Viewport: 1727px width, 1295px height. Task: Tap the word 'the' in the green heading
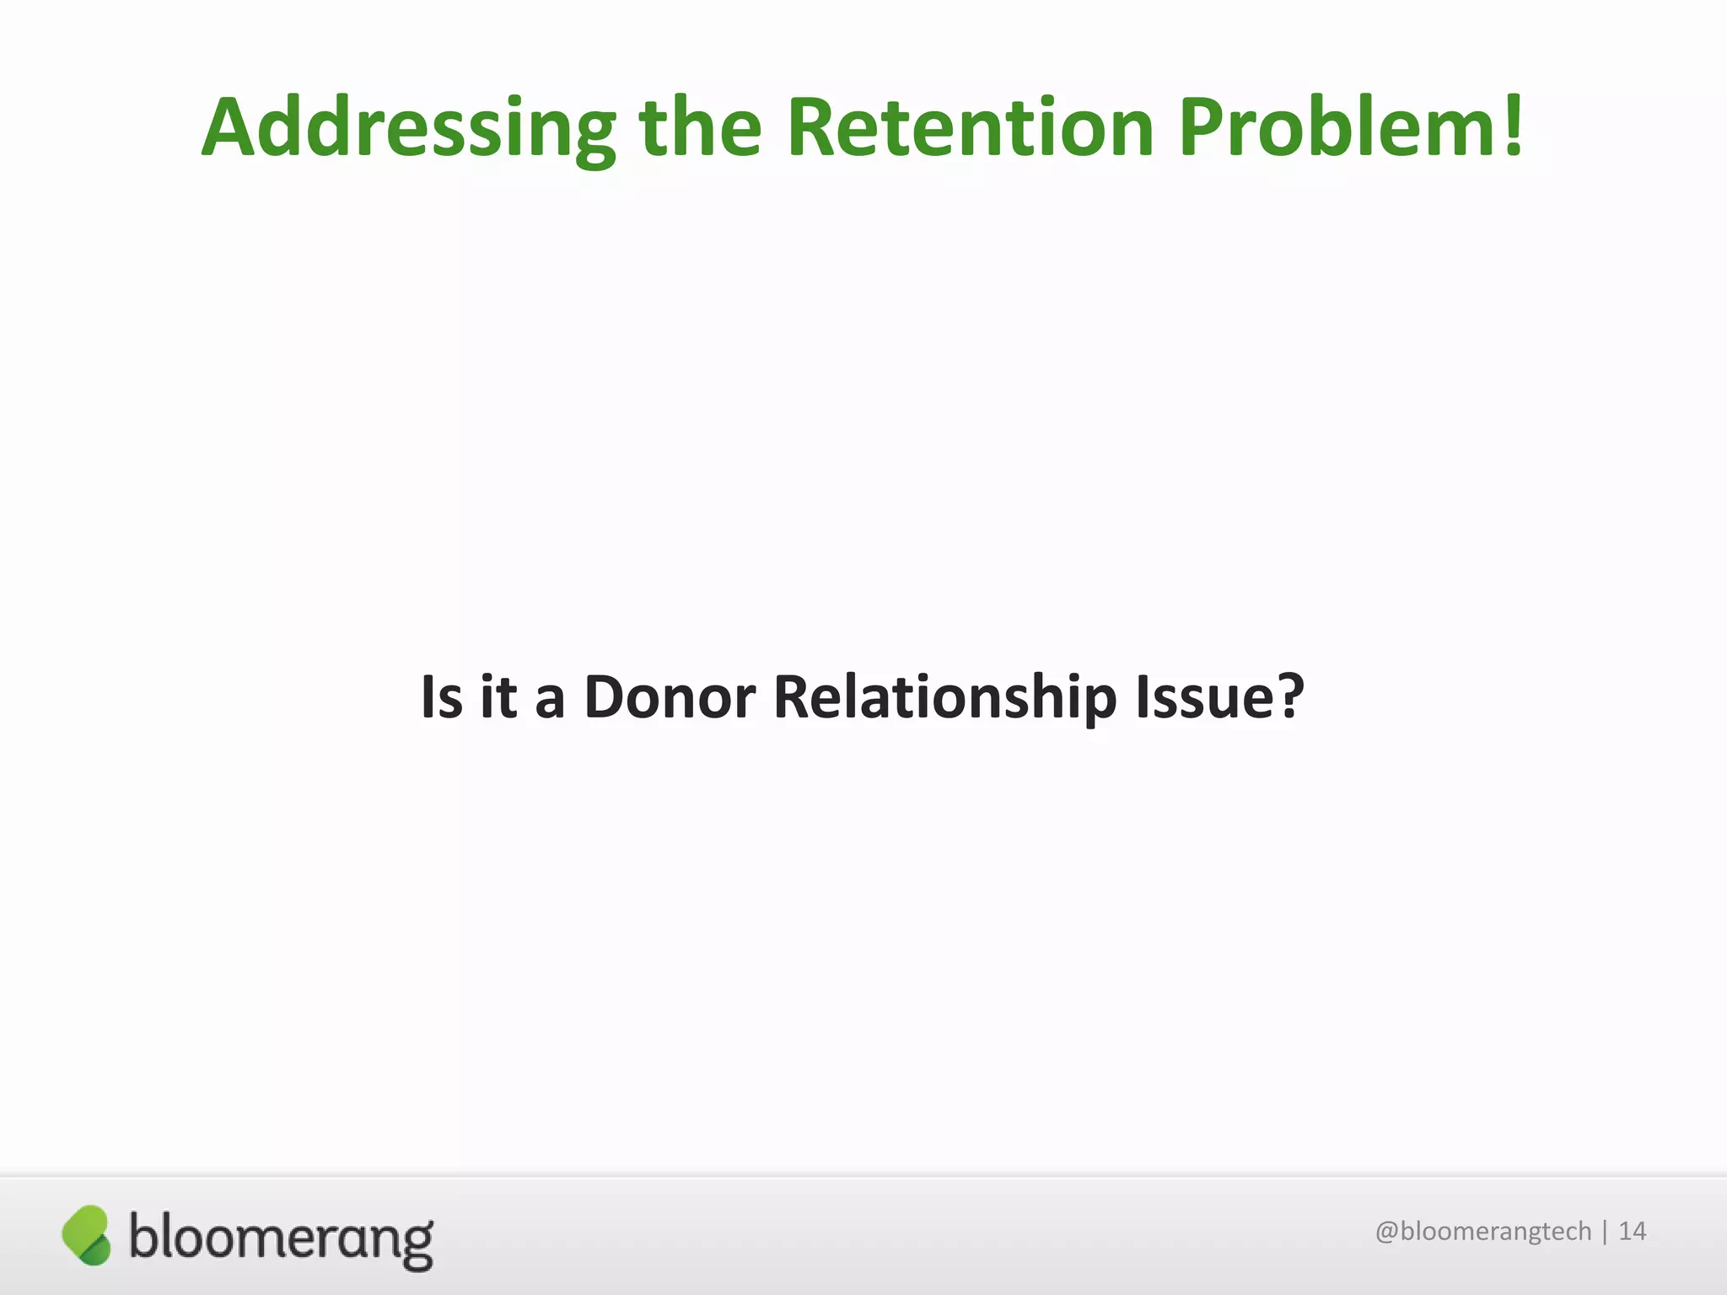point(700,128)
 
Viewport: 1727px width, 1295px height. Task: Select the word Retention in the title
point(970,128)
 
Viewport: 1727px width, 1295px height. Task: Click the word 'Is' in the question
point(441,698)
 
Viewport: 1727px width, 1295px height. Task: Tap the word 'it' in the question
point(498,698)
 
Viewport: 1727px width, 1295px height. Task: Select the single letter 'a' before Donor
point(549,701)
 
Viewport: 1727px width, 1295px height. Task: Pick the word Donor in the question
point(670,698)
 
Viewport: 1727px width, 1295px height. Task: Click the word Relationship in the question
point(944,698)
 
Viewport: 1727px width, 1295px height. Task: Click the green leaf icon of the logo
point(86,1235)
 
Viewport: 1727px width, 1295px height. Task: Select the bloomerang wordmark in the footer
point(281,1239)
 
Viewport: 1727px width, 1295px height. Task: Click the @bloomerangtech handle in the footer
point(1482,1232)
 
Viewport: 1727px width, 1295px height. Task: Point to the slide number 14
point(1633,1232)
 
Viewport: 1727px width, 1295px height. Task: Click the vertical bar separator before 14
point(1605,1232)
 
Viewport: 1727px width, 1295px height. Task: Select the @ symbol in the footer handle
point(1387,1233)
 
